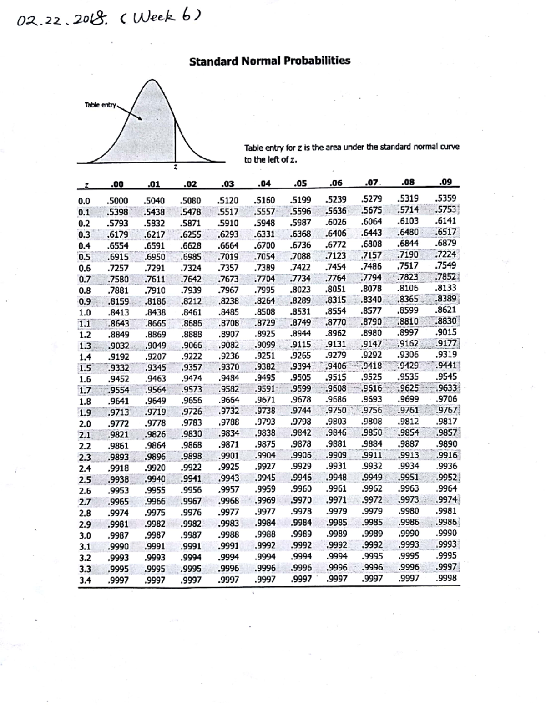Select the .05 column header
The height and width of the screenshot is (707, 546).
coord(300,184)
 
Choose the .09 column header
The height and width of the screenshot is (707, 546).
coord(446,183)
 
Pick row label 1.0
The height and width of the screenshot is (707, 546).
coord(85,313)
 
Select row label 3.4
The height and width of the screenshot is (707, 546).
coord(85,580)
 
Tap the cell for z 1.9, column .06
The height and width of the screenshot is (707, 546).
coord(336,411)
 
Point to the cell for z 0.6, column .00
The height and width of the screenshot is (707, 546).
coord(117,268)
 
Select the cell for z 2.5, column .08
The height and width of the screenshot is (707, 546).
coord(409,478)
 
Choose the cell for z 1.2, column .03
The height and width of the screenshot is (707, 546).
coord(228,335)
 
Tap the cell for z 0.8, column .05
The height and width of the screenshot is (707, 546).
coord(300,290)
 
